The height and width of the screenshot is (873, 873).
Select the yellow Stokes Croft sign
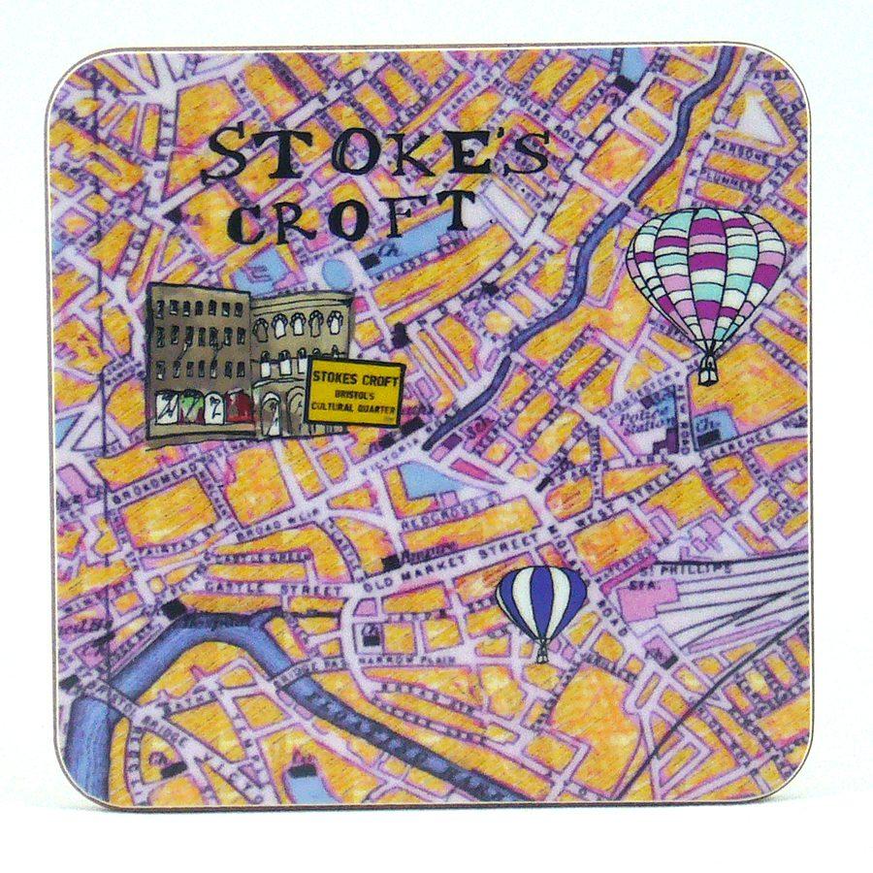(x=354, y=390)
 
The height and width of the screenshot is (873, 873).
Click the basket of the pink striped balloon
(x=709, y=370)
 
